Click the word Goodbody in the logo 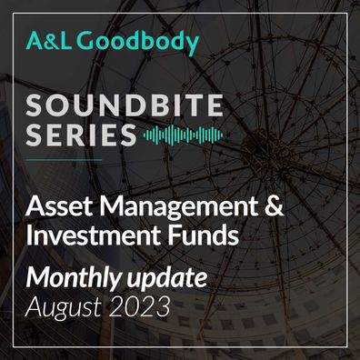pyautogui.click(x=137, y=42)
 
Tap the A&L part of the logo pyautogui.click(x=49, y=41)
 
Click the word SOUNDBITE pyautogui.click(x=125, y=105)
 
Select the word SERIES pyautogui.click(x=81, y=135)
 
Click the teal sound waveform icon pyautogui.click(x=183, y=135)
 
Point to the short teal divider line pyautogui.click(x=64, y=159)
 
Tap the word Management pyautogui.click(x=176, y=206)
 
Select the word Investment pyautogui.click(x=94, y=235)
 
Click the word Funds pyautogui.click(x=203, y=235)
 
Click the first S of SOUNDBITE pyautogui.click(x=35, y=105)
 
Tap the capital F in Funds pyautogui.click(x=173, y=235)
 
